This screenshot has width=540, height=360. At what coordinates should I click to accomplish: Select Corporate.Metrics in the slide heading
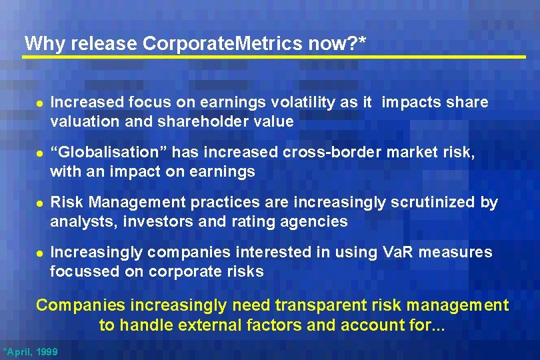coord(223,44)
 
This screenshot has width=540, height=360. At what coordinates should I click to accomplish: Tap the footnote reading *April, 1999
coord(31,351)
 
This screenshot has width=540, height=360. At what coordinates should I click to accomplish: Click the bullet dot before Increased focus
coord(38,104)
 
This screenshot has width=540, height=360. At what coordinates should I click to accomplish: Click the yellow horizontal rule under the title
coord(273,57)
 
